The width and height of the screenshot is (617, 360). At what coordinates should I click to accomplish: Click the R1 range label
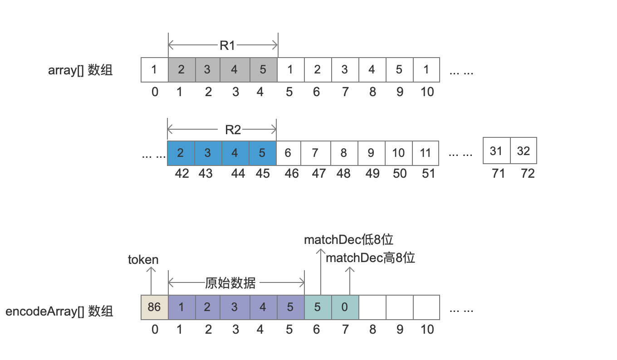[x=227, y=45]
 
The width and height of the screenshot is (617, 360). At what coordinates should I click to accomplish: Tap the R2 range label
[x=233, y=130]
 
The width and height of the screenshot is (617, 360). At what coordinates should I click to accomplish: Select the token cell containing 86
[x=154, y=307]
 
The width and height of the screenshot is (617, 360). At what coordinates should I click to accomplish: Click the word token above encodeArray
[x=143, y=259]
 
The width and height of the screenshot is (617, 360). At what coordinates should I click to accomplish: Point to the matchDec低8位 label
[x=348, y=240]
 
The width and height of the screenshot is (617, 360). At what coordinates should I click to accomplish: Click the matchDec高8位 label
[x=371, y=258]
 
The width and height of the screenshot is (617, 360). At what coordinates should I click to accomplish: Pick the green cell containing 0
[x=345, y=307]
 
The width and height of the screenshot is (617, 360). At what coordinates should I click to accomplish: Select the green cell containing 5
[x=318, y=307]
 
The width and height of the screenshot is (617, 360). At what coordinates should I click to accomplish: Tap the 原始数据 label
[x=230, y=283]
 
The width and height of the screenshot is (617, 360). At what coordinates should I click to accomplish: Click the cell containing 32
[x=524, y=151]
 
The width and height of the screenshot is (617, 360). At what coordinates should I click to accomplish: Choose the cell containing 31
[x=496, y=151]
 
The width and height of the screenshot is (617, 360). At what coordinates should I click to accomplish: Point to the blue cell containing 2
[x=181, y=153]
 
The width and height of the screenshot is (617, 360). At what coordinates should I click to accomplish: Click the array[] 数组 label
[x=80, y=70]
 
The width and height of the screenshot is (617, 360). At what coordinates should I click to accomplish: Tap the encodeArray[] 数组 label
[x=59, y=311]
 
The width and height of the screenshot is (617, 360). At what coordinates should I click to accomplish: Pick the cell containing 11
[x=425, y=153]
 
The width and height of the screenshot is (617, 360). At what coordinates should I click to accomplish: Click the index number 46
[x=292, y=173]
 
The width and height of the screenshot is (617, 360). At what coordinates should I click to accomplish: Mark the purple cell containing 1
[x=181, y=307]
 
